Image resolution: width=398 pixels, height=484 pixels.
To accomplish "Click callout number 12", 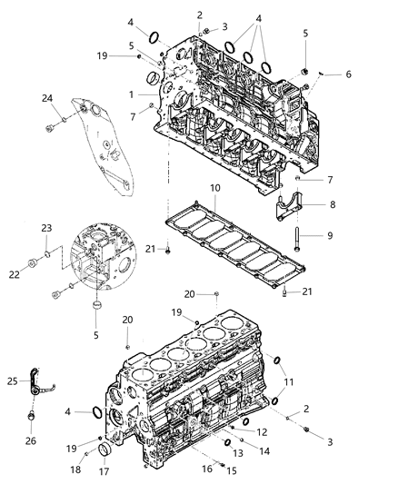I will click(262, 433).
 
